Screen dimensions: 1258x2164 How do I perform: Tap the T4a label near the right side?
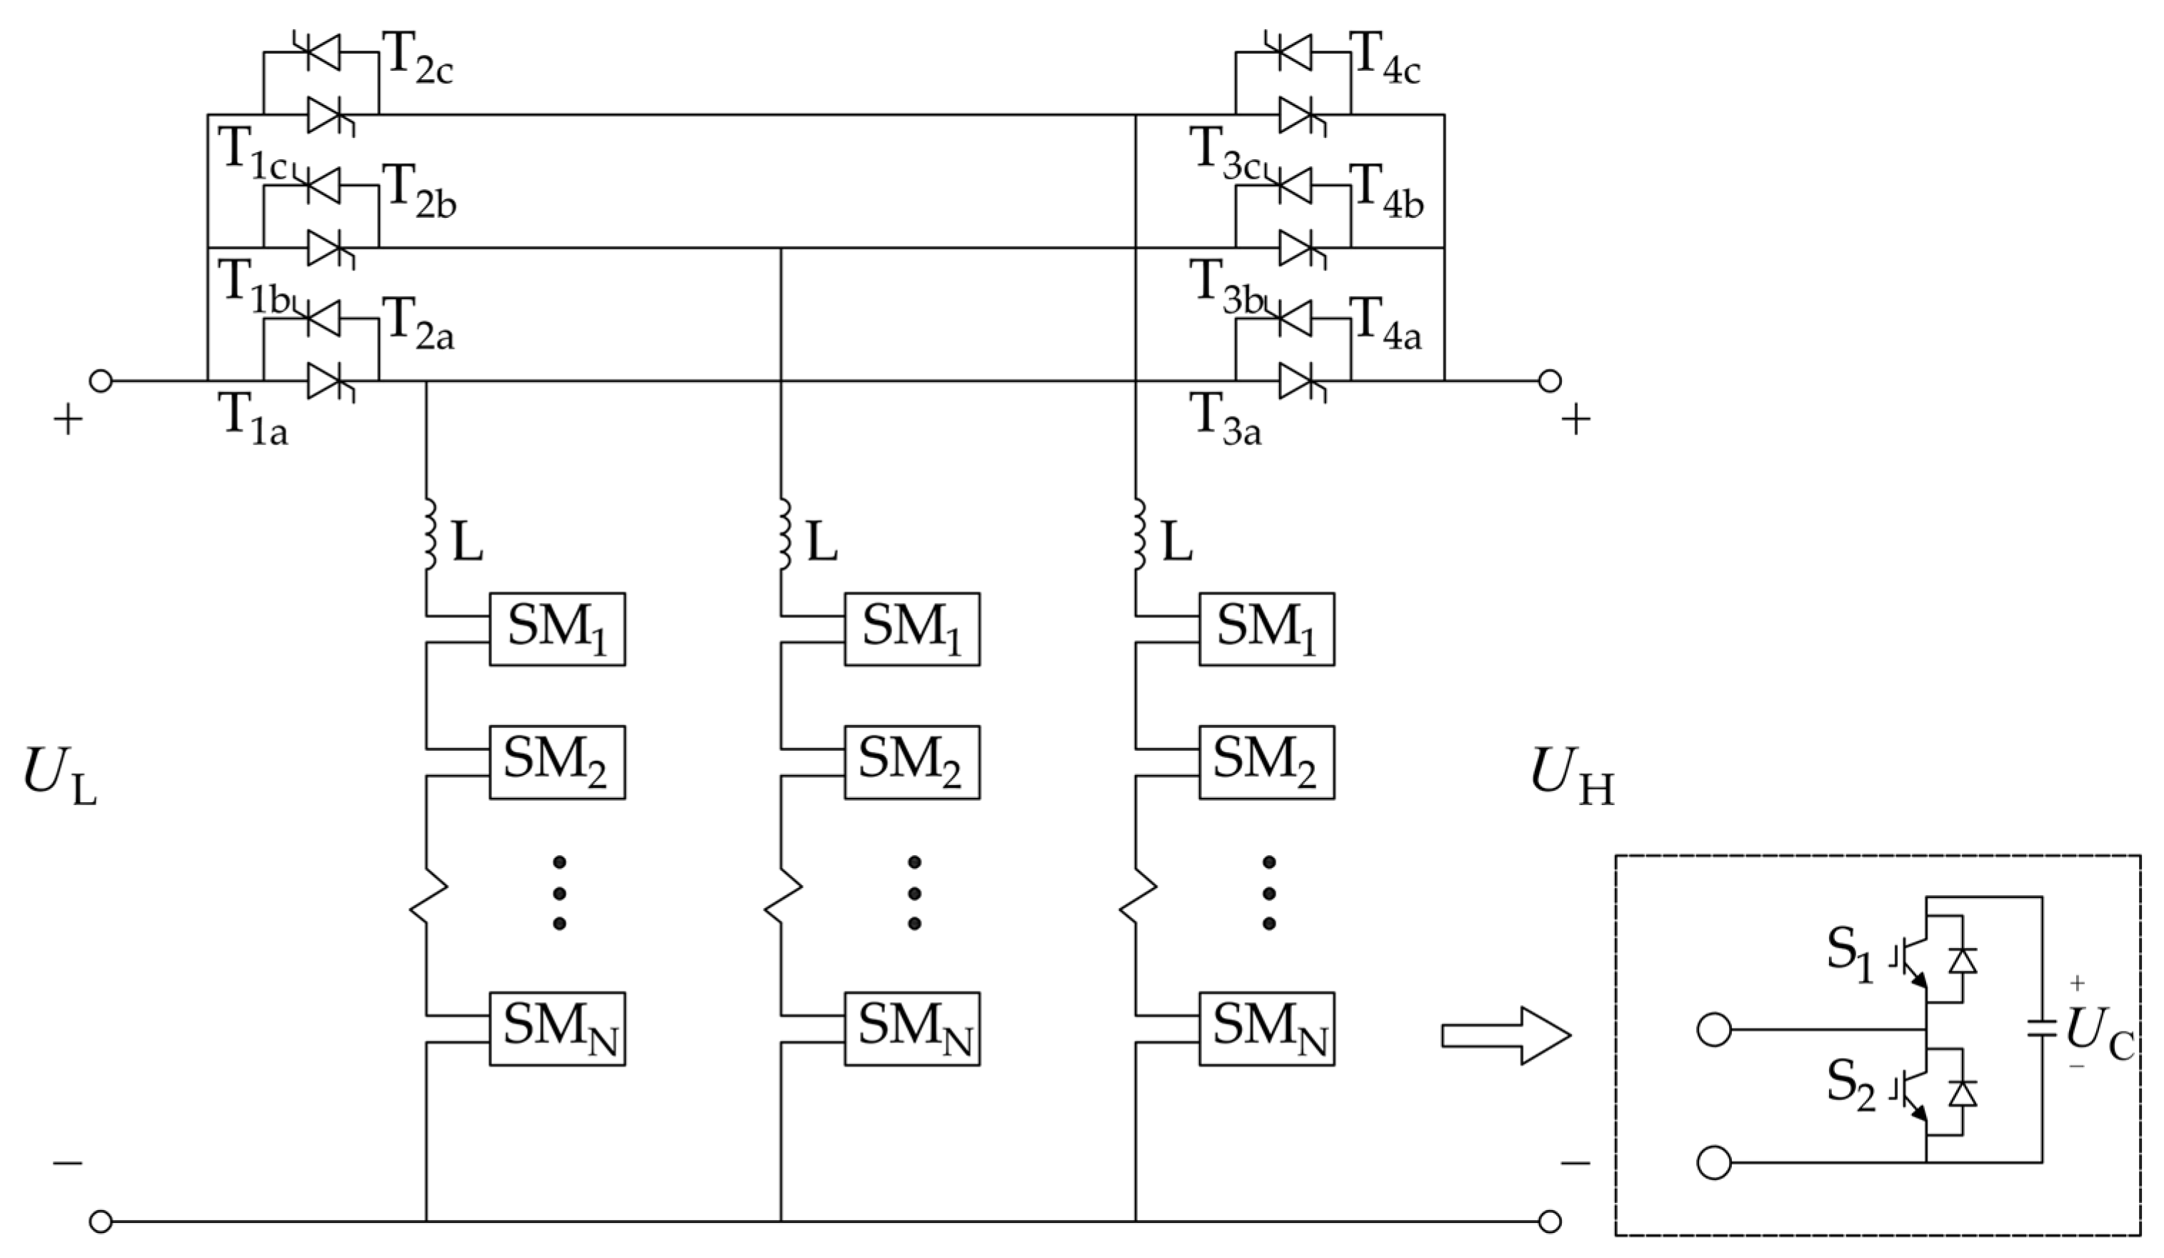[1385, 326]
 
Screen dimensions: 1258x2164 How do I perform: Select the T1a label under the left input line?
[254, 421]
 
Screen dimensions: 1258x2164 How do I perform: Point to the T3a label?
[1225, 421]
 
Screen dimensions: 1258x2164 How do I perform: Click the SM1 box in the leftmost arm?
[557, 629]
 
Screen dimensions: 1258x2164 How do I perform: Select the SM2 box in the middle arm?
[911, 762]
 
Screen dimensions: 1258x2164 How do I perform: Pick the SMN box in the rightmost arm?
[1267, 1029]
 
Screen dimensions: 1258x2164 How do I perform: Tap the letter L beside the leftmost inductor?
[467, 544]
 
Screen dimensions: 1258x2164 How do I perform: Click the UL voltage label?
[59, 778]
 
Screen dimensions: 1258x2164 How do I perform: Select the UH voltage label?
[1571, 778]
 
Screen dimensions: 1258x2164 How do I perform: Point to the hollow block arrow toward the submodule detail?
[1505, 1036]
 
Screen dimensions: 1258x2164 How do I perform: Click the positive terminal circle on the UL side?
[101, 381]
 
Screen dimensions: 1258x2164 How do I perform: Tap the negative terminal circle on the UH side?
[1549, 1220]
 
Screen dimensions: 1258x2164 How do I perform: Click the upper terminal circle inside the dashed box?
[1714, 1029]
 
